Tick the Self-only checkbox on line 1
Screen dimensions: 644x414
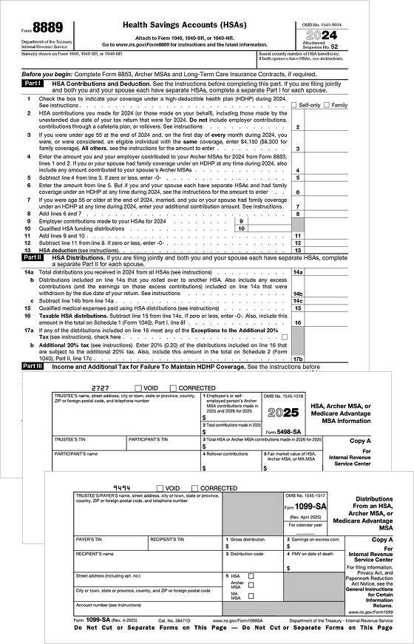coord(293,106)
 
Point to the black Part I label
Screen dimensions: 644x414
coord(33,84)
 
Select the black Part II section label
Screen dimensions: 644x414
coord(33,258)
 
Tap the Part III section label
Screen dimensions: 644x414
coord(33,366)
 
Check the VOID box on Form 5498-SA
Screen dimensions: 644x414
coord(138,388)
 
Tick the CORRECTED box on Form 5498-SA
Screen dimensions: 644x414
coord(174,388)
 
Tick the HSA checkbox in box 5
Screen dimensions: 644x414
coord(251,575)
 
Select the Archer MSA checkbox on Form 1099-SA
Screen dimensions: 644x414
coord(251,585)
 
